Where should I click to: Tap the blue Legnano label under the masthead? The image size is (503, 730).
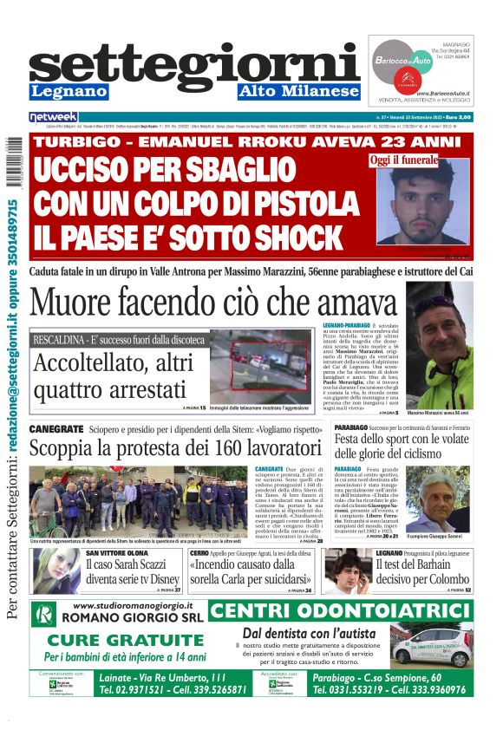pos(69,91)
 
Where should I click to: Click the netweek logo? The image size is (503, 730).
pos(54,116)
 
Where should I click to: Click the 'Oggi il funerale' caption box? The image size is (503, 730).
pos(403,160)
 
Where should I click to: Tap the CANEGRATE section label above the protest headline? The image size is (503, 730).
pos(56,429)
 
